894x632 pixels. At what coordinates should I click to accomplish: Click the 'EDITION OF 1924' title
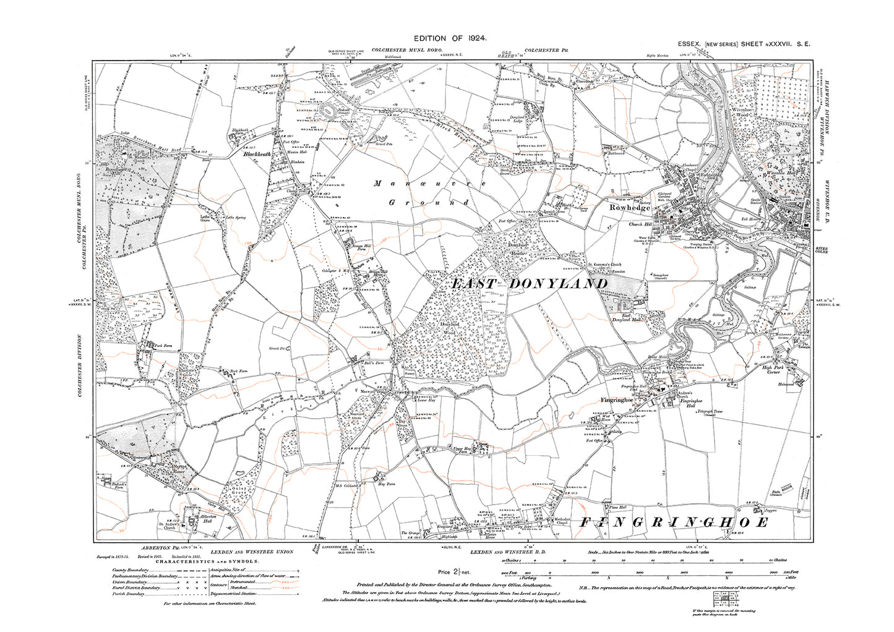(446, 38)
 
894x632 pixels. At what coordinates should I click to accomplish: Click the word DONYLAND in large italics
(556, 283)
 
